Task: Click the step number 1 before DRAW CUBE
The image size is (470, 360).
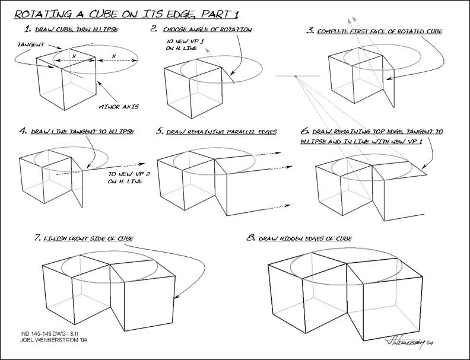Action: click(27, 29)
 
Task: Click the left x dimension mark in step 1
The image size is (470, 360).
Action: click(73, 55)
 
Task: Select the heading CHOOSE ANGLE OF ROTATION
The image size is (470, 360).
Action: click(208, 29)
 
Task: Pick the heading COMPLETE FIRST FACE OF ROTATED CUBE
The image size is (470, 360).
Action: click(380, 31)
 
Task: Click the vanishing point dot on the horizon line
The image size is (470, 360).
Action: click(295, 77)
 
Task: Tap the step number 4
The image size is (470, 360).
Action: click(23, 130)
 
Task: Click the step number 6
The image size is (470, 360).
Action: click(305, 131)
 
